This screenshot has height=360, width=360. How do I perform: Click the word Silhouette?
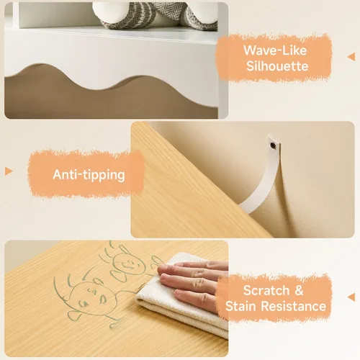pyautogui.click(x=277, y=66)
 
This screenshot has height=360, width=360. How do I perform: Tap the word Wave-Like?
pyautogui.click(x=275, y=50)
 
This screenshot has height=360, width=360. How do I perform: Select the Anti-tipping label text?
pyautogui.click(x=89, y=175)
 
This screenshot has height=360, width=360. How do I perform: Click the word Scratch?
pyautogui.click(x=266, y=290)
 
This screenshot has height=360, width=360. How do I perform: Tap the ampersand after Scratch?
pyautogui.click(x=299, y=290)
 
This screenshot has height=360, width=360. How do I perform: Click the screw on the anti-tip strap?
pyautogui.click(x=273, y=145)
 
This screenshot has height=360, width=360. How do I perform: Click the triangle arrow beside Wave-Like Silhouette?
pyautogui.click(x=351, y=57)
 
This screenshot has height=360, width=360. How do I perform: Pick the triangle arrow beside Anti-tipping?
pyautogui.click(x=9, y=171)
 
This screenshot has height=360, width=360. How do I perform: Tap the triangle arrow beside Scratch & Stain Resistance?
pyautogui.click(x=351, y=297)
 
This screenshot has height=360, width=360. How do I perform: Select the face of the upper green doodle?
pyautogui.click(x=128, y=264)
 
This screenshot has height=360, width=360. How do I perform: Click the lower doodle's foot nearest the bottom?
pyautogui.click(x=114, y=325)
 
